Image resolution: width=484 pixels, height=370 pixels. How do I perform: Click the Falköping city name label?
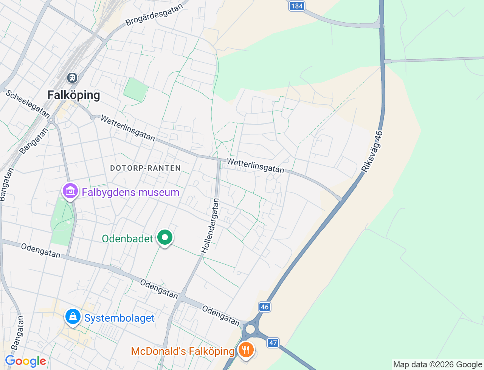pyautogui.click(x=74, y=95)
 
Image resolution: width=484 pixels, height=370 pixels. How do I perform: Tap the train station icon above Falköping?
pyautogui.click(x=72, y=78)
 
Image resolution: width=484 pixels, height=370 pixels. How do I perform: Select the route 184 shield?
pyautogui.click(x=297, y=6)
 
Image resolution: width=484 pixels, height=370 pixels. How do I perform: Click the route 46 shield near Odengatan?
pyautogui.click(x=265, y=307)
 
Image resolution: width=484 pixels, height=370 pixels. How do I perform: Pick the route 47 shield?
pyautogui.click(x=273, y=343)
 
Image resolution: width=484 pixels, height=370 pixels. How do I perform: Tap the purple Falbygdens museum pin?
pyautogui.click(x=70, y=191)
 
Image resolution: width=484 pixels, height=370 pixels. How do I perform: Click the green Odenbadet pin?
pyautogui.click(x=164, y=237)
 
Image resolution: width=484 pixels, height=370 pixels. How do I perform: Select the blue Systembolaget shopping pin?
pyautogui.click(x=73, y=317)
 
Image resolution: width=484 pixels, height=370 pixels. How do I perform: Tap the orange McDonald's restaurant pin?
pyautogui.click(x=246, y=350)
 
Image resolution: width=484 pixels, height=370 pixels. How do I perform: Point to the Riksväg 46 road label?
pyautogui.click(x=372, y=152)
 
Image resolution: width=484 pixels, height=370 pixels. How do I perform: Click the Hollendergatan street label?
pyautogui.click(x=210, y=226)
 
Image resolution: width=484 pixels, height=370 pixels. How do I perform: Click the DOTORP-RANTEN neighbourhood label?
pyautogui.click(x=145, y=168)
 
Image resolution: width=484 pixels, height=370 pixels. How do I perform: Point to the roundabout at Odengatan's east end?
pyautogui.click(x=250, y=329)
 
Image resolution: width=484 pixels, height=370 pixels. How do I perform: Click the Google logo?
pyautogui.click(x=25, y=361)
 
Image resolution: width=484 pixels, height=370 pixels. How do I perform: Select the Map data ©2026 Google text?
pyautogui.click(x=437, y=364)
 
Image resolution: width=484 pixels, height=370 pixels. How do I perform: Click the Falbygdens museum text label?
pyautogui.click(x=130, y=192)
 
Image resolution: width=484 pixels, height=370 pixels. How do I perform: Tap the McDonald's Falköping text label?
pyautogui.click(x=183, y=351)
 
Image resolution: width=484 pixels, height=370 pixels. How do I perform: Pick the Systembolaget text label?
pyautogui.click(x=119, y=318)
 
